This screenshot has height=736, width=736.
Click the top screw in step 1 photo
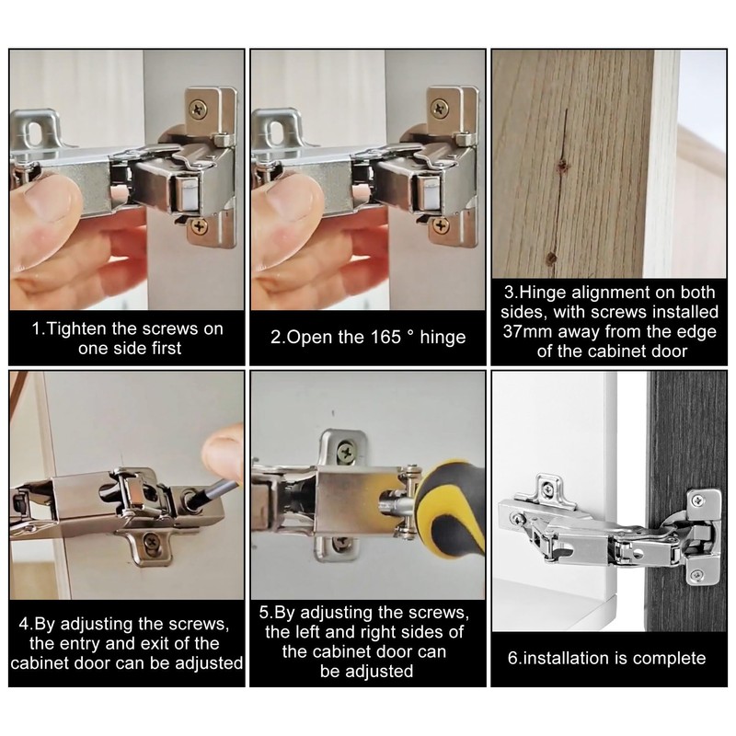point(198,110)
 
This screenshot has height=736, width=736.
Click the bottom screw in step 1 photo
point(200,226)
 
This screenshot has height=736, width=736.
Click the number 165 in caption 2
point(385,337)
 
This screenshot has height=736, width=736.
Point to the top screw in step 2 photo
point(440,109)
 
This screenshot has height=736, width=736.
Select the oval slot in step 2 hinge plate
point(275,132)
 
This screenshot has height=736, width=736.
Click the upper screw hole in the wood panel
point(562,166)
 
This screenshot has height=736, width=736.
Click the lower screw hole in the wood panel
point(551,258)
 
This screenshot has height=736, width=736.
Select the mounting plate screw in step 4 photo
point(151,543)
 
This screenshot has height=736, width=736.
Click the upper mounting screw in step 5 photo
point(347,453)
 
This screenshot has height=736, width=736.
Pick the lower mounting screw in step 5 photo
point(339,544)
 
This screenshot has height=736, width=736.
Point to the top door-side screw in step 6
point(698,500)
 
